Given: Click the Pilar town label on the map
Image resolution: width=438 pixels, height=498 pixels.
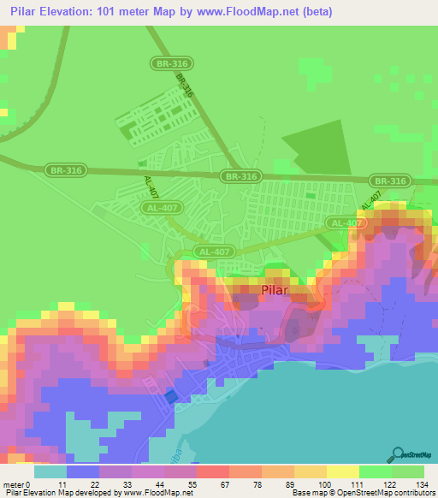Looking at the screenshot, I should (x=275, y=290).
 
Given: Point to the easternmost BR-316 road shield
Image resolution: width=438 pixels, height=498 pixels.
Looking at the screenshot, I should (x=390, y=181).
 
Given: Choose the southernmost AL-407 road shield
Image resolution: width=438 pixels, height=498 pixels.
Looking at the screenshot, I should (x=213, y=252).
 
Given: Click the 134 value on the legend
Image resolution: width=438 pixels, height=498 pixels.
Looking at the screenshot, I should (x=422, y=484).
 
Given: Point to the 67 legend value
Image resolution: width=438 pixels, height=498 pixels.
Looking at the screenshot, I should (x=223, y=484).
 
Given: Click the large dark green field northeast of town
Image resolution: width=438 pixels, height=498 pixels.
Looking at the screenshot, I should (x=316, y=145).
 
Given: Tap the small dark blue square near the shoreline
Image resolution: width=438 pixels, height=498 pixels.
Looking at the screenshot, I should (x=171, y=396).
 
